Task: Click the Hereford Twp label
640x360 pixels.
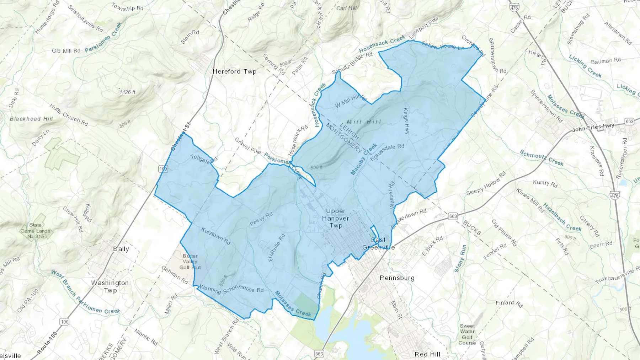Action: [x=234, y=71]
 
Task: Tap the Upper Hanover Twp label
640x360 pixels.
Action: [x=335, y=218]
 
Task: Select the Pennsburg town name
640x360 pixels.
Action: [x=397, y=278]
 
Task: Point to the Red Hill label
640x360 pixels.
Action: [x=427, y=354]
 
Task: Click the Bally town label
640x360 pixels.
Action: [x=121, y=249]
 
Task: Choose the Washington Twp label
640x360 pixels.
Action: [x=110, y=286]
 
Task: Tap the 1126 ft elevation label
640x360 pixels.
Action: [x=128, y=92]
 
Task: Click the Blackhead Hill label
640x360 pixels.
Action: [x=31, y=119]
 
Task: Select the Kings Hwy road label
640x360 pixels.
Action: [x=406, y=121]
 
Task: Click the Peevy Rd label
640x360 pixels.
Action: [x=261, y=219]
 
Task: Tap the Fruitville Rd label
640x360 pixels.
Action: [x=277, y=248]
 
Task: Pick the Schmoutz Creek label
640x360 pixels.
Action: [x=542, y=158]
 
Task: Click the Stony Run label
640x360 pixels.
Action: [x=460, y=258]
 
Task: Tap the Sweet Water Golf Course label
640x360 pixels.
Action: [x=467, y=334]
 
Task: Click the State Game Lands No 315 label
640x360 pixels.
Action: [x=35, y=230]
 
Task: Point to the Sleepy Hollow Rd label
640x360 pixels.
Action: [x=486, y=183]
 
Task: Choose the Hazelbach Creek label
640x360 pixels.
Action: [x=562, y=217]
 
